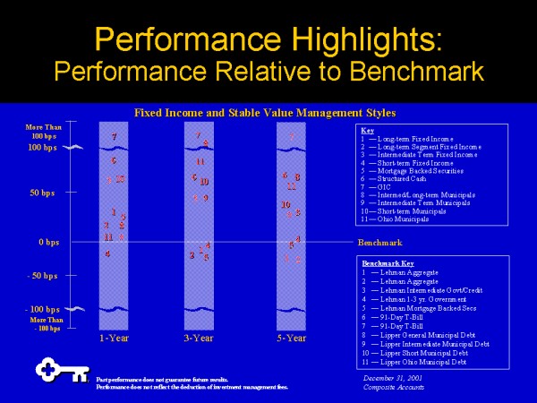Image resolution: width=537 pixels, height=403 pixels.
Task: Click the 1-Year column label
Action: pyautogui.click(x=115, y=339)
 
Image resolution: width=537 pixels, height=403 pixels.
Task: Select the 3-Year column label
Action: pyautogui.click(x=199, y=339)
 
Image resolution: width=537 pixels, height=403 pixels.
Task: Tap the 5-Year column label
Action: pyautogui.click(x=291, y=339)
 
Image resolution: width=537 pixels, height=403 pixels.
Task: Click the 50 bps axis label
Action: pyautogui.click(x=44, y=193)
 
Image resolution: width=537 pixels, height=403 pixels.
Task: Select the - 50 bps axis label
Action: pyautogui.click(x=42, y=276)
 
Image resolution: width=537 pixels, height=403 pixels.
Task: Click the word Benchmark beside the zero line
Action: pyautogui.click(x=379, y=243)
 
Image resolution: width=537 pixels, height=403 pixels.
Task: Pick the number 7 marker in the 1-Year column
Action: pyautogui.click(x=114, y=137)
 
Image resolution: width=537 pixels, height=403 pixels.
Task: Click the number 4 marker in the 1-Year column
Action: pyautogui.click(x=107, y=253)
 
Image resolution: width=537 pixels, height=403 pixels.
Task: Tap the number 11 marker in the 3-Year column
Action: pyautogui.click(x=200, y=161)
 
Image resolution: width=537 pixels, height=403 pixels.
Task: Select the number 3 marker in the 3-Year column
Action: pyautogui.click(x=192, y=255)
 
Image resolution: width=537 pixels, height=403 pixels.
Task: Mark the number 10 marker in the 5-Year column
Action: pyautogui.click(x=286, y=205)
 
